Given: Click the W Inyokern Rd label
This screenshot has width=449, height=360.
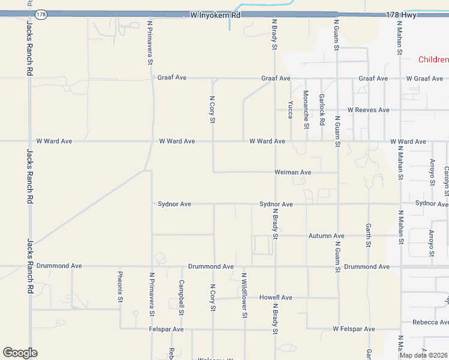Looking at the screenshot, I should pyautogui.click(x=214, y=14).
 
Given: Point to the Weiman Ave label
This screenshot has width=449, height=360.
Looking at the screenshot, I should pyautogui.click(x=293, y=172).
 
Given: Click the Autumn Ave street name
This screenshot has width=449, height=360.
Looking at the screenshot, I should pyautogui.click(x=327, y=236).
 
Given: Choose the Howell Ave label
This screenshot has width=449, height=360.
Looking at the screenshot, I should pyautogui.click(x=276, y=298).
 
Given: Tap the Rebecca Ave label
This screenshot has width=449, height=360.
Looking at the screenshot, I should pyautogui.click(x=430, y=322).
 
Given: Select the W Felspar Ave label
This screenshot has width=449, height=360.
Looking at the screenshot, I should pyautogui.click(x=354, y=329).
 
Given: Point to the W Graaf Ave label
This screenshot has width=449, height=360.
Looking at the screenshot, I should pyautogui.click(x=424, y=79).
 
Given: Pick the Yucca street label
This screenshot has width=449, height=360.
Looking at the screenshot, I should pyautogui.click(x=291, y=109).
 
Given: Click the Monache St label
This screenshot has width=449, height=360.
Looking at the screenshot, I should pyautogui.click(x=306, y=109).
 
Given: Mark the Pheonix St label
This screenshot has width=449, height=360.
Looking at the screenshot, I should pyautogui.click(x=120, y=287).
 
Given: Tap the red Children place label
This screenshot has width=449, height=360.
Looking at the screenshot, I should pyautogui.click(x=433, y=59).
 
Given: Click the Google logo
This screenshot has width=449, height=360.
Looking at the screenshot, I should pyautogui.click(x=20, y=353).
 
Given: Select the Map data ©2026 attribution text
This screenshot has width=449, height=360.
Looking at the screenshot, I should pyautogui.click(x=423, y=355).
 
